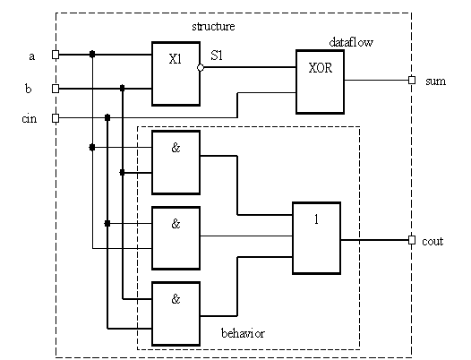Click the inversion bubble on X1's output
(201, 68)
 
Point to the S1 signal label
(217, 56)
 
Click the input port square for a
(56, 55)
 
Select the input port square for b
(56, 89)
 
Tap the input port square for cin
(56, 118)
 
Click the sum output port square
(412, 81)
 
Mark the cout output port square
(412, 240)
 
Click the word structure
(213, 27)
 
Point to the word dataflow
(351, 42)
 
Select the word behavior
(243, 333)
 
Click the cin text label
(30, 119)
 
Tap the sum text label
(435, 81)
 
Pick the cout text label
(432, 242)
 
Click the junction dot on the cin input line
(107, 118)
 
